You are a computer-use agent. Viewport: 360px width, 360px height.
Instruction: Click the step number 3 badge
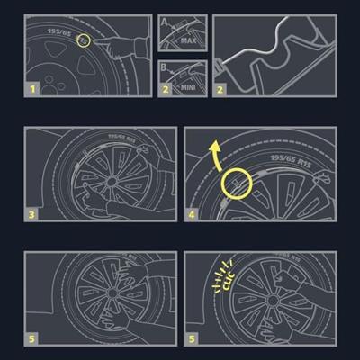click(32, 215)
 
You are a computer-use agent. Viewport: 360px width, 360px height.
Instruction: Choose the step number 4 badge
click(193, 215)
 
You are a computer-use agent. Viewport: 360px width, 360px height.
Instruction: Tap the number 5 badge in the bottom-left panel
click(32, 339)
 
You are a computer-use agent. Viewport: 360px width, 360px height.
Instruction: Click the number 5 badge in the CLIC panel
click(193, 339)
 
